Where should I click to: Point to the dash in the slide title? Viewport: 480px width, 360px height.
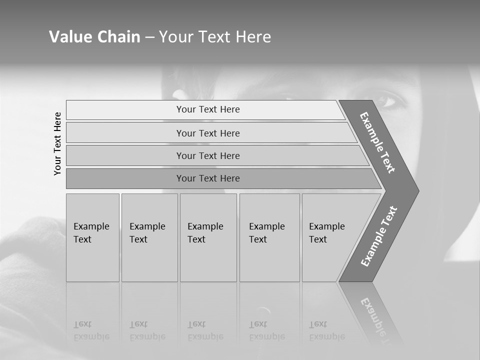pos(149,37)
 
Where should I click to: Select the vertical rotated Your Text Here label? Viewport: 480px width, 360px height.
pos(57,143)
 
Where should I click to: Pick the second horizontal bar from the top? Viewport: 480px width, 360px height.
pos(208,133)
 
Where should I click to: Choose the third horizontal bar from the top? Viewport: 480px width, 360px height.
pos(208,155)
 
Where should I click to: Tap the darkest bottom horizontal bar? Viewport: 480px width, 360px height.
pos(208,178)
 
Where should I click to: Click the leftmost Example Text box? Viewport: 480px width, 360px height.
pos(92,237)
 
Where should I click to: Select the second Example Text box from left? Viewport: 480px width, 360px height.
pos(149,237)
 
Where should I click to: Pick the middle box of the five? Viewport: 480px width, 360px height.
pos(208,237)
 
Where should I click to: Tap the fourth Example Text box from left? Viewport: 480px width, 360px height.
pos(269,237)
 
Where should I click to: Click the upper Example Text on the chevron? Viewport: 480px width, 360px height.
pos(377,142)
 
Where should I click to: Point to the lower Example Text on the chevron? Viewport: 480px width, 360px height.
pos(379,236)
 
